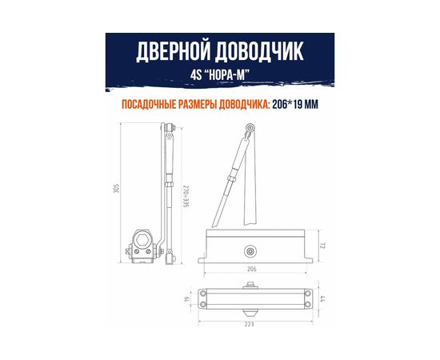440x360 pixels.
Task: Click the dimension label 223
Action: tap(253, 326)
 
